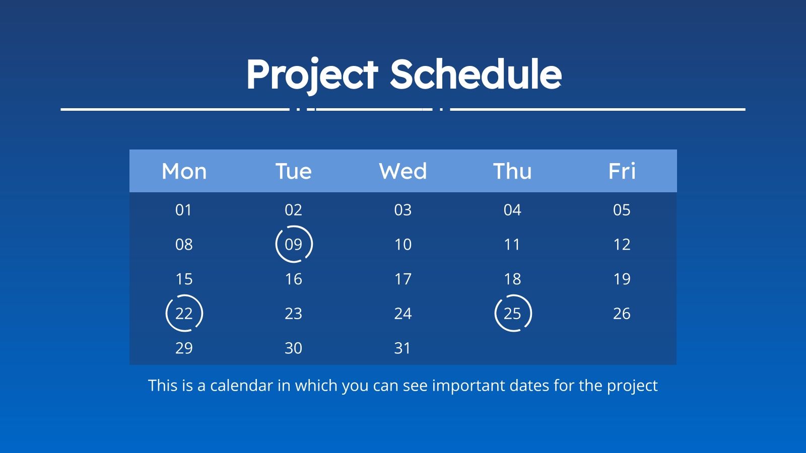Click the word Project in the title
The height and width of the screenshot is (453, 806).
[312, 74]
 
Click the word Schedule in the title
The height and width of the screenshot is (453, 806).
[476, 74]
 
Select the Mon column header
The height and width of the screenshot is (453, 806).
[184, 171]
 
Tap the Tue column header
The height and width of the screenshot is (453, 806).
[293, 171]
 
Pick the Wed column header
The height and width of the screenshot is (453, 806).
[403, 171]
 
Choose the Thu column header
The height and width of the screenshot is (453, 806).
[512, 171]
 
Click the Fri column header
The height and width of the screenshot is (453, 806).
[622, 171]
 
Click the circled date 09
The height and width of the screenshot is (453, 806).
[294, 244]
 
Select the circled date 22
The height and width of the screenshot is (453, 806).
[184, 314]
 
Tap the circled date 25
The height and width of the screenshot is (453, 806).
[512, 314]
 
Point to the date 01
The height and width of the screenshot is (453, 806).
[184, 210]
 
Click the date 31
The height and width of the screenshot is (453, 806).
[403, 348]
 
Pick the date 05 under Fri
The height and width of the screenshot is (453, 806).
[622, 210]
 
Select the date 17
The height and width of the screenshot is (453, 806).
[403, 279]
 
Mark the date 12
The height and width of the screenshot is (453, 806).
[622, 245]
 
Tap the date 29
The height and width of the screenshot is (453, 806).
[184, 348]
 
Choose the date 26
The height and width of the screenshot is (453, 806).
[622, 314]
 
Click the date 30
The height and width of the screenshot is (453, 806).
[293, 348]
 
